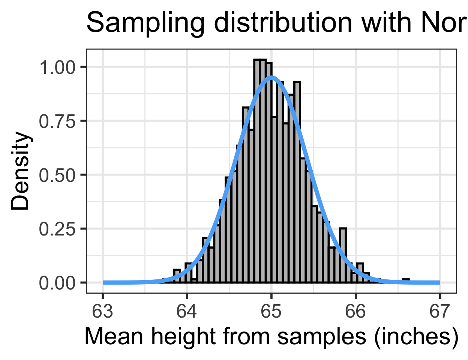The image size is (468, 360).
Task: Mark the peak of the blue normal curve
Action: coord(271,78)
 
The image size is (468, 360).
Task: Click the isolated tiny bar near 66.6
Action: coord(406,280)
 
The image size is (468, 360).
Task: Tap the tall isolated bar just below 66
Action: coord(343,255)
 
